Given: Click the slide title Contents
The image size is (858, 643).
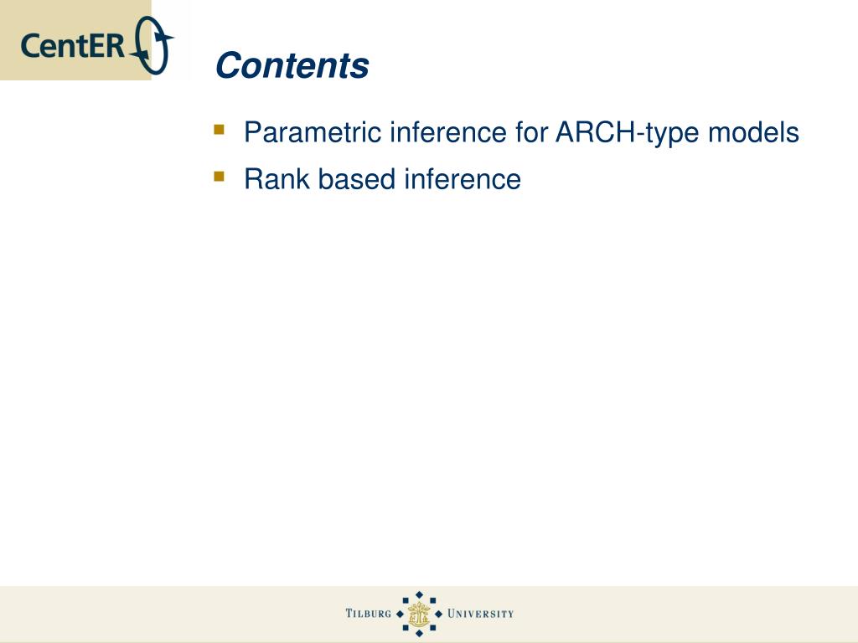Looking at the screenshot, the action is pos(292,65).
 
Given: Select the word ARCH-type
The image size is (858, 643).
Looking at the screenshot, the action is pos(628,132).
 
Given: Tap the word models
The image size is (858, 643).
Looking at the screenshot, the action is pos(753,132).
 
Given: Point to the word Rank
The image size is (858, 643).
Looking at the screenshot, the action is pos(277,179).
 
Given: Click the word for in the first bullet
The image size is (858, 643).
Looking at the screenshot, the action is pos(530,132).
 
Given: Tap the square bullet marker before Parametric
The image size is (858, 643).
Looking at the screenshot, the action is pos(220,130).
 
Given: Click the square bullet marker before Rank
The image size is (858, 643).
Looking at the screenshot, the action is pos(220,176).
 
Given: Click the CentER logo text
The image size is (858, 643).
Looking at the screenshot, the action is pos(73,45).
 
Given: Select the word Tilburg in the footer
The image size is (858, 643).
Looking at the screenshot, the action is pos(369,614).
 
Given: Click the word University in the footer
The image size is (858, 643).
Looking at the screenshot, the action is pos(480,614).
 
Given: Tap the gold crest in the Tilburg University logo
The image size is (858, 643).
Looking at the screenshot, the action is pos(419,614).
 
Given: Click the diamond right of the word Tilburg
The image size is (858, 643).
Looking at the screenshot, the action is pos(400,614).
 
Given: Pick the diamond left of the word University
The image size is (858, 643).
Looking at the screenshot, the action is pos(438,614).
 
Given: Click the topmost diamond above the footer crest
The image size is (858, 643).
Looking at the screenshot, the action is pos(419,595).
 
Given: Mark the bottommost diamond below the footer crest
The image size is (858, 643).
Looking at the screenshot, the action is pos(419,633).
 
